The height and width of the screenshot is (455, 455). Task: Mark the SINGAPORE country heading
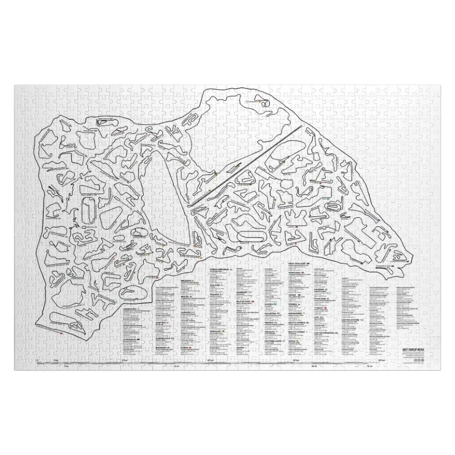pos(298,314)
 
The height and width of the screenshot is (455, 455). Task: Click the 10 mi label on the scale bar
pos(313,366)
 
